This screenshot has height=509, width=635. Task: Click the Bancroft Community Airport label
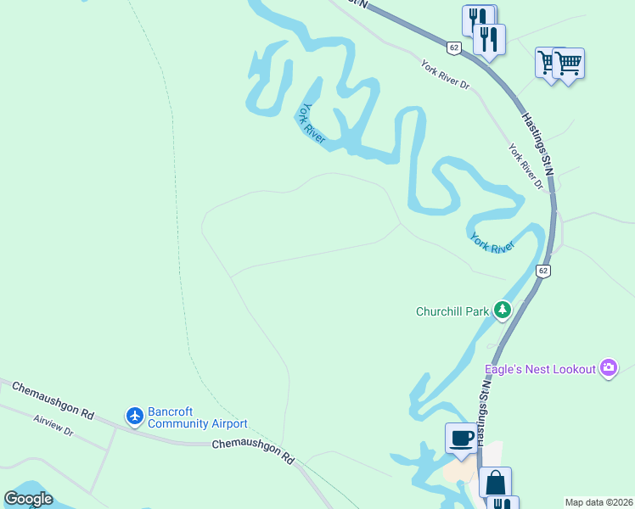(x=197, y=417)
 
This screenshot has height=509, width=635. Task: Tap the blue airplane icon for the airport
(x=134, y=416)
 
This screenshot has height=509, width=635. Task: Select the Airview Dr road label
(x=54, y=426)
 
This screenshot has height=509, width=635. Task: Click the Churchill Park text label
(x=452, y=311)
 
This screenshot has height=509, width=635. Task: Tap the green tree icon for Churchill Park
(x=503, y=310)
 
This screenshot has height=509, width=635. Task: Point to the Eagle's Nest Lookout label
(x=540, y=369)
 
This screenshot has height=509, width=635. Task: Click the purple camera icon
(x=608, y=368)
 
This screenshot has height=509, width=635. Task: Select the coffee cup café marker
(x=461, y=439)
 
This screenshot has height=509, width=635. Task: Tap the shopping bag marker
(x=495, y=483)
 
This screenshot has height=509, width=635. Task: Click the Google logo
(x=28, y=499)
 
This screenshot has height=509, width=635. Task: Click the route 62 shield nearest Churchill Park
(x=544, y=271)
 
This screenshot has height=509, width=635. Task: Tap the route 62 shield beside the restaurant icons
(x=454, y=48)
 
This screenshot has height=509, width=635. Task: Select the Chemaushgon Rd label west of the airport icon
(x=53, y=400)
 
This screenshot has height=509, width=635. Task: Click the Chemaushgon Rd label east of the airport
(x=252, y=450)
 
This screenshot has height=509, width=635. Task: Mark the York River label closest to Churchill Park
(x=492, y=243)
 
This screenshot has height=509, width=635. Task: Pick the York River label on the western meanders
(x=312, y=124)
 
